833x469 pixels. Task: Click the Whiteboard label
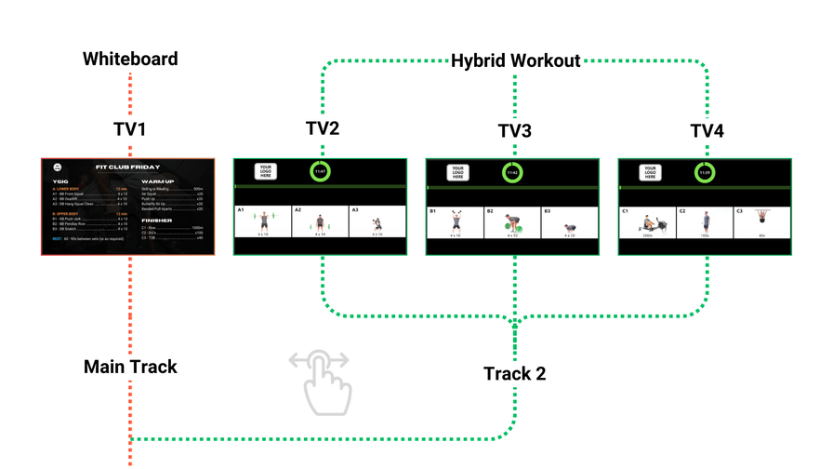[130, 60]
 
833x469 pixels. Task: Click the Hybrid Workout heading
[515, 61]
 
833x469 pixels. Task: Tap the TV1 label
[130, 129]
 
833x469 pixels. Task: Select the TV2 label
[323, 128]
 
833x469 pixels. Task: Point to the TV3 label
[515, 131]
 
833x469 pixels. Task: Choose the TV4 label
[707, 131]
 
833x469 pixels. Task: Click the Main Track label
[130, 367]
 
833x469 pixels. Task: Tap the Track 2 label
[514, 374]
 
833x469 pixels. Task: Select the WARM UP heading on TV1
[157, 181]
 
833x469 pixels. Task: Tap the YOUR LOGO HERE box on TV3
[457, 172]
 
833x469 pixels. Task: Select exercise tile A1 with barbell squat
[263, 222]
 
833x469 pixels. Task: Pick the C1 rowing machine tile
[647, 222]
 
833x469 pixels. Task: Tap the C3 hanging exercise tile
[761, 222]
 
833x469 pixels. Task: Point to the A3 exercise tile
[377, 222]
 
